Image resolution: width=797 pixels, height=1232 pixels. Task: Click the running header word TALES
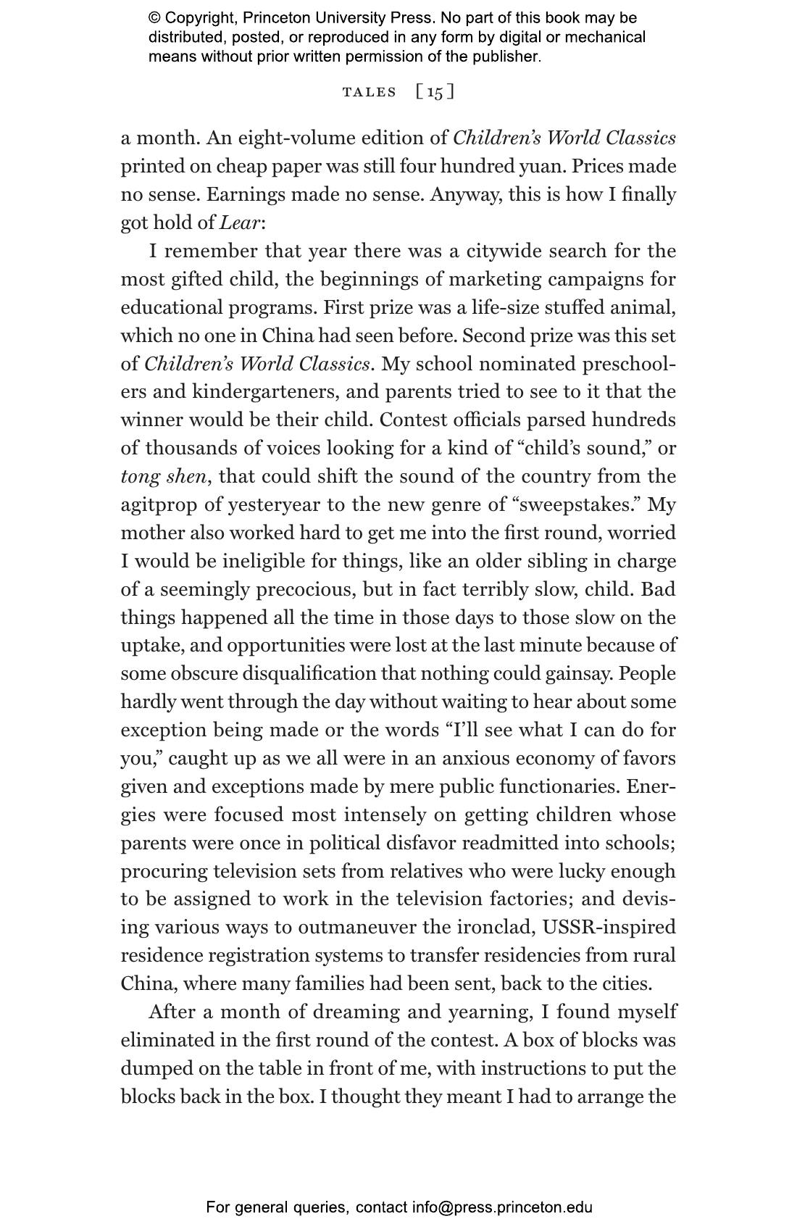click(370, 92)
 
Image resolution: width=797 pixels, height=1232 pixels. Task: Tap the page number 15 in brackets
click(435, 92)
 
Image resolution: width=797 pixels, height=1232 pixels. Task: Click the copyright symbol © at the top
click(154, 18)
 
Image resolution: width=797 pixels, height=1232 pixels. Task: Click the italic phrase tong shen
click(164, 477)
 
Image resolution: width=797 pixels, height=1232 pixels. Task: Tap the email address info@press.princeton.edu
click(502, 1207)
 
